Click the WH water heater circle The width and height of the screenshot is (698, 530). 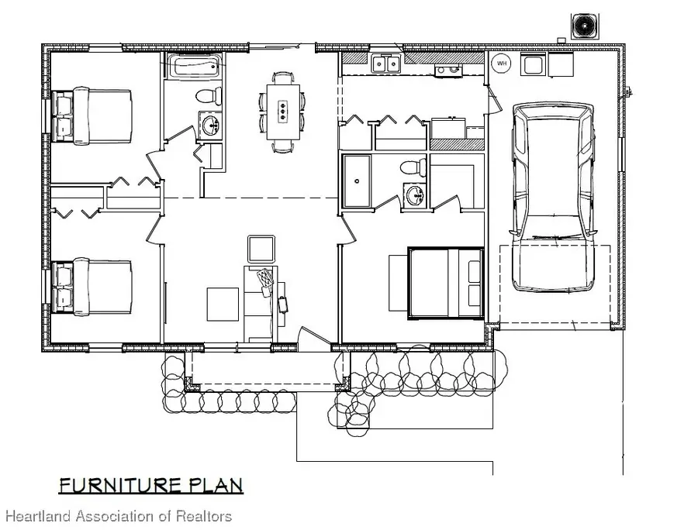(501, 63)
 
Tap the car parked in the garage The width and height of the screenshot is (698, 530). (553, 197)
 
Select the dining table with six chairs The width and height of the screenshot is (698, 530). (282, 112)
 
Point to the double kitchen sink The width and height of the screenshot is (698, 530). (385, 63)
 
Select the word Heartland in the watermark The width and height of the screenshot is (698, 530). (38, 516)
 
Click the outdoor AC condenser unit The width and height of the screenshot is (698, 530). (585, 26)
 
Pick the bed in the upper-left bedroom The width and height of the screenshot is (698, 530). (92, 115)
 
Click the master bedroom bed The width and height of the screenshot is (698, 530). (446, 284)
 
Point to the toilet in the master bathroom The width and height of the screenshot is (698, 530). (413, 167)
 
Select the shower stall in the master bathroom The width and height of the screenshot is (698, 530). (357, 181)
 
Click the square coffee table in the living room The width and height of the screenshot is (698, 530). (223, 305)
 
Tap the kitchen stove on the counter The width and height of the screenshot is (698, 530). (448, 71)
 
